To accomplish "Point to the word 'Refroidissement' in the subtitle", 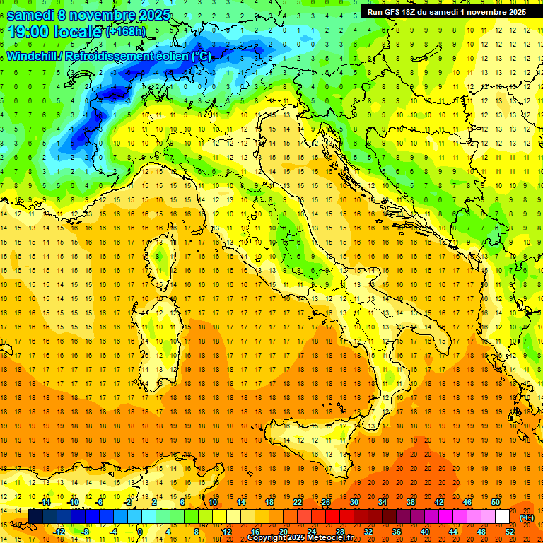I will click(112, 56).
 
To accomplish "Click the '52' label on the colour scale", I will click(510, 531).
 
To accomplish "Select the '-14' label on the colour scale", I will click(45, 502).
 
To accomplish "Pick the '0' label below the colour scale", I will click(139, 531).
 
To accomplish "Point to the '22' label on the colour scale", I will click(298, 502).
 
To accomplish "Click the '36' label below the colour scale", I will click(397, 531).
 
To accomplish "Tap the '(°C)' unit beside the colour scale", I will click(527, 517).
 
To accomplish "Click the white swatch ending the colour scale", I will click(502, 517).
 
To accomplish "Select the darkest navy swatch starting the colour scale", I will click(35, 517).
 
